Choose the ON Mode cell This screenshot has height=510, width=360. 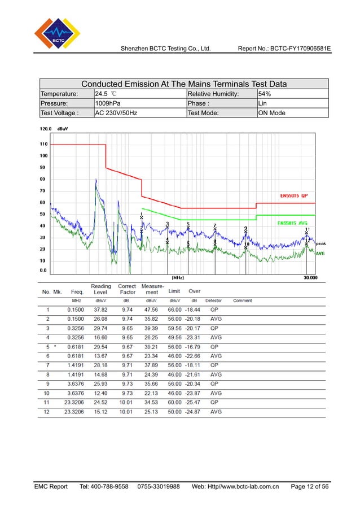(x=272, y=113)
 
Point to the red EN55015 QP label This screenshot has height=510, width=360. (x=294, y=196)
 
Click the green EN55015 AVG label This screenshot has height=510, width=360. (x=294, y=223)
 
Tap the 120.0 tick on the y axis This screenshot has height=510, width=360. (x=45, y=129)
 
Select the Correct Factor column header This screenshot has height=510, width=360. (x=128, y=289)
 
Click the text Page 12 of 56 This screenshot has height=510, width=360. (x=310, y=486)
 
